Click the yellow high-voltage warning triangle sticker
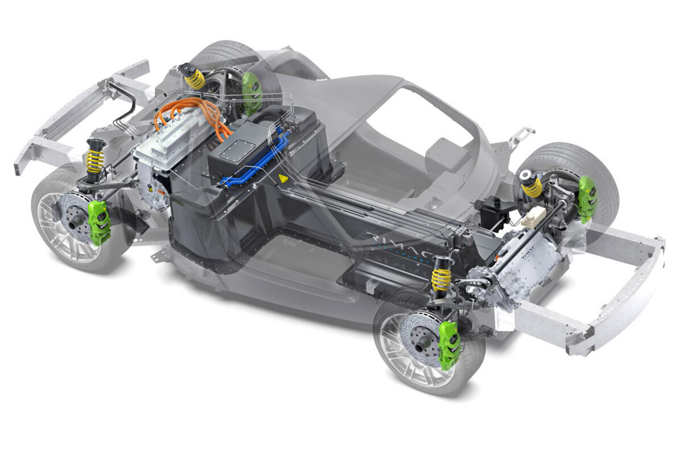[x=283, y=179]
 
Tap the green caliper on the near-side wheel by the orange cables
[x=99, y=222]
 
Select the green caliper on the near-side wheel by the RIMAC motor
[x=449, y=345]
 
